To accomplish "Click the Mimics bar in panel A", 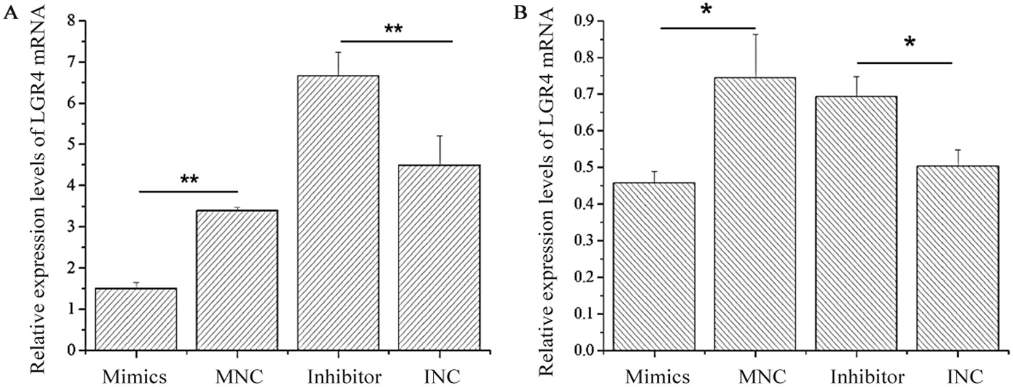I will pos(136,319).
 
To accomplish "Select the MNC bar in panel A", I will pos(236,280).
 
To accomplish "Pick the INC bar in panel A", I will pos(439,258).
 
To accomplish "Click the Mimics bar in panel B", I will pos(654,267).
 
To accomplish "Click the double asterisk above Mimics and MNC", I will pos(189,179).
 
